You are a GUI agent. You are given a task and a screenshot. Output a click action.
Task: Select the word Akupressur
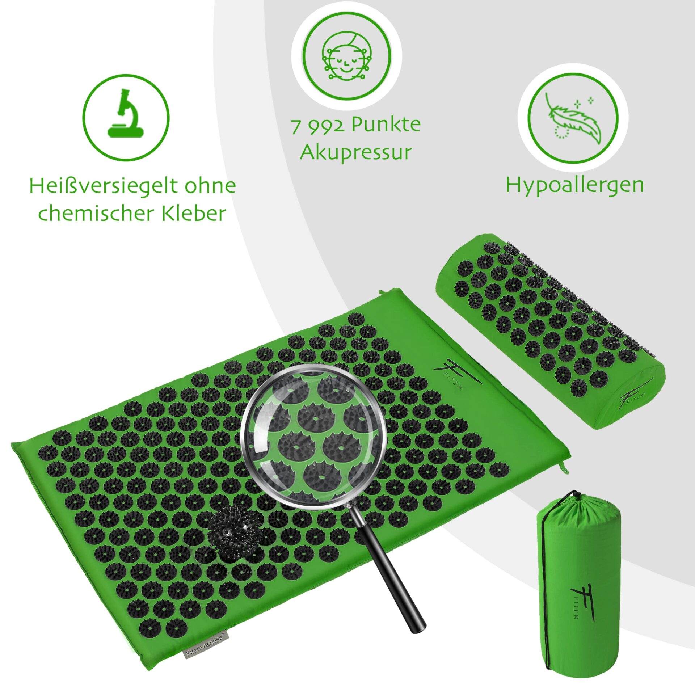coord(356,152)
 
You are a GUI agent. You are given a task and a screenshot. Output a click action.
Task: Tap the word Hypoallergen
coord(575,185)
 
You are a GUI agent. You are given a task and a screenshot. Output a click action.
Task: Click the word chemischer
coord(96,213)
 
